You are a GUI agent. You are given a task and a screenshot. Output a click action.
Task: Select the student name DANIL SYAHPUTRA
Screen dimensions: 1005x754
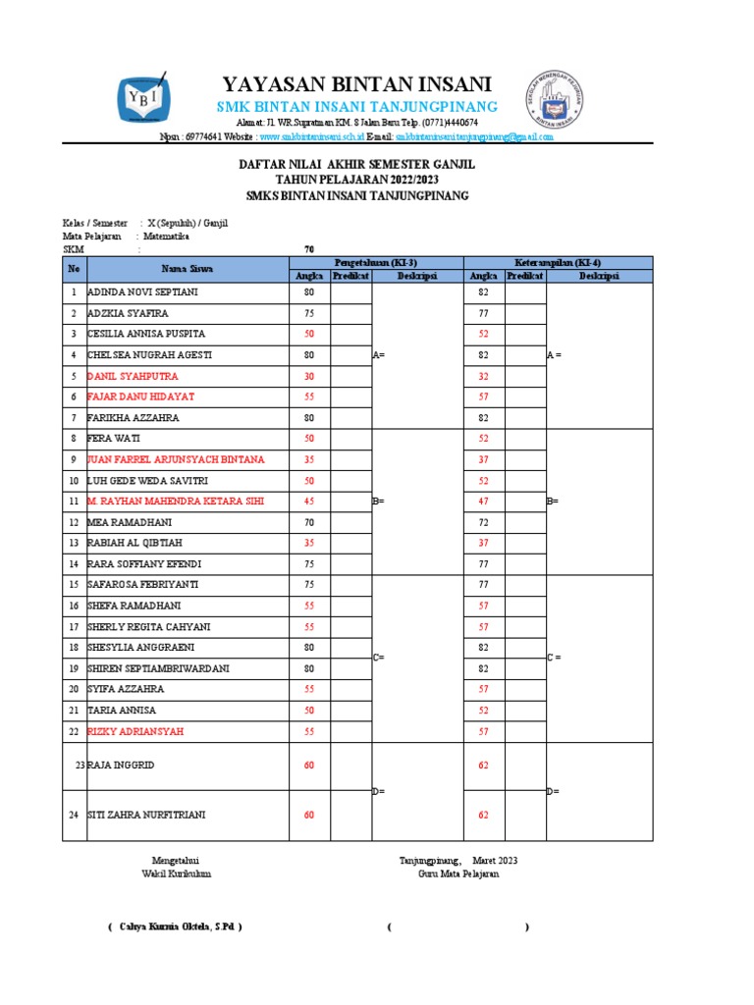point(134,376)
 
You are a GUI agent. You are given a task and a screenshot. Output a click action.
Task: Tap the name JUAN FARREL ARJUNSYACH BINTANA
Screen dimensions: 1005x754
point(176,459)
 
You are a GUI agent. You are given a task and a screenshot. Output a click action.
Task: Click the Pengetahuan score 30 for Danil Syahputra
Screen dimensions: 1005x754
point(309,376)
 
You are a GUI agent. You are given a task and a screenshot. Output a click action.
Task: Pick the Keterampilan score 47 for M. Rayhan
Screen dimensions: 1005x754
point(483,501)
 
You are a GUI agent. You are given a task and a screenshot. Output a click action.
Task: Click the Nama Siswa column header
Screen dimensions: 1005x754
point(187,268)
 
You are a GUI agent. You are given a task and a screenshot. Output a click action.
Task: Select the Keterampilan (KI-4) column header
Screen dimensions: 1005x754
point(557,262)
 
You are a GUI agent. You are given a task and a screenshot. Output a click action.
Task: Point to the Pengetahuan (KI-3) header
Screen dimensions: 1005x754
point(375,262)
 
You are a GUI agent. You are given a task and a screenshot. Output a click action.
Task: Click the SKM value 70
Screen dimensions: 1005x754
point(309,248)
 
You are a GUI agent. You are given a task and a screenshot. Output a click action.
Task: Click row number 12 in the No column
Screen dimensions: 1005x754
point(74,522)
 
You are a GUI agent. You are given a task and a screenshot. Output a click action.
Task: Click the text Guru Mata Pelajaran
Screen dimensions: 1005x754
point(458,873)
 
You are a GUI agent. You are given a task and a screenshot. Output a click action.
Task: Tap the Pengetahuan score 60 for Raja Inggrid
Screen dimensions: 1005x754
point(309,764)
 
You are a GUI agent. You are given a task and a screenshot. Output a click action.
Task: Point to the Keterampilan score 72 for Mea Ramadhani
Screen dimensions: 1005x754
point(483,522)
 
